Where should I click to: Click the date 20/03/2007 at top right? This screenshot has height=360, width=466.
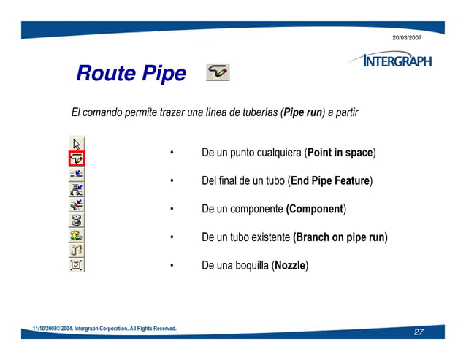click(x=407, y=37)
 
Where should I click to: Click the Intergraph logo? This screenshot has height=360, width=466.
click(x=390, y=61)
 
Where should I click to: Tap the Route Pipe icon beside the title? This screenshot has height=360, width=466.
click(x=218, y=72)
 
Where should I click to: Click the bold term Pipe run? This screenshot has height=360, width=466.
click(x=303, y=113)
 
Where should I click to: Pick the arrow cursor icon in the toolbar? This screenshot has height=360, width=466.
click(x=77, y=143)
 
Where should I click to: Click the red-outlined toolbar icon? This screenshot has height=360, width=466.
click(x=77, y=158)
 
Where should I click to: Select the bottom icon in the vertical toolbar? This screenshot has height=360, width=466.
click(x=77, y=264)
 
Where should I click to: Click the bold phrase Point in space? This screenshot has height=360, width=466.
click(x=340, y=153)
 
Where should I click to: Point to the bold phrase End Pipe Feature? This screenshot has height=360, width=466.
click(x=330, y=181)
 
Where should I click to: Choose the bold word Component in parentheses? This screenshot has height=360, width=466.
click(x=316, y=210)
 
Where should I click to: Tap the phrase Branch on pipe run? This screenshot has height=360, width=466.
click(x=340, y=237)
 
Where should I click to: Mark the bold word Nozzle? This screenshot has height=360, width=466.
click(x=290, y=265)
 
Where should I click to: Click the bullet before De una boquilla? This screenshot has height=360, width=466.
click(x=170, y=266)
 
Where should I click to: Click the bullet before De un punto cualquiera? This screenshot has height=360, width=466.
click(x=170, y=153)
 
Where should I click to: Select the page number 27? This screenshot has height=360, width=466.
click(x=419, y=333)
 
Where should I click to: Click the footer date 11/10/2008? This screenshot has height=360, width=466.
click(x=46, y=329)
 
